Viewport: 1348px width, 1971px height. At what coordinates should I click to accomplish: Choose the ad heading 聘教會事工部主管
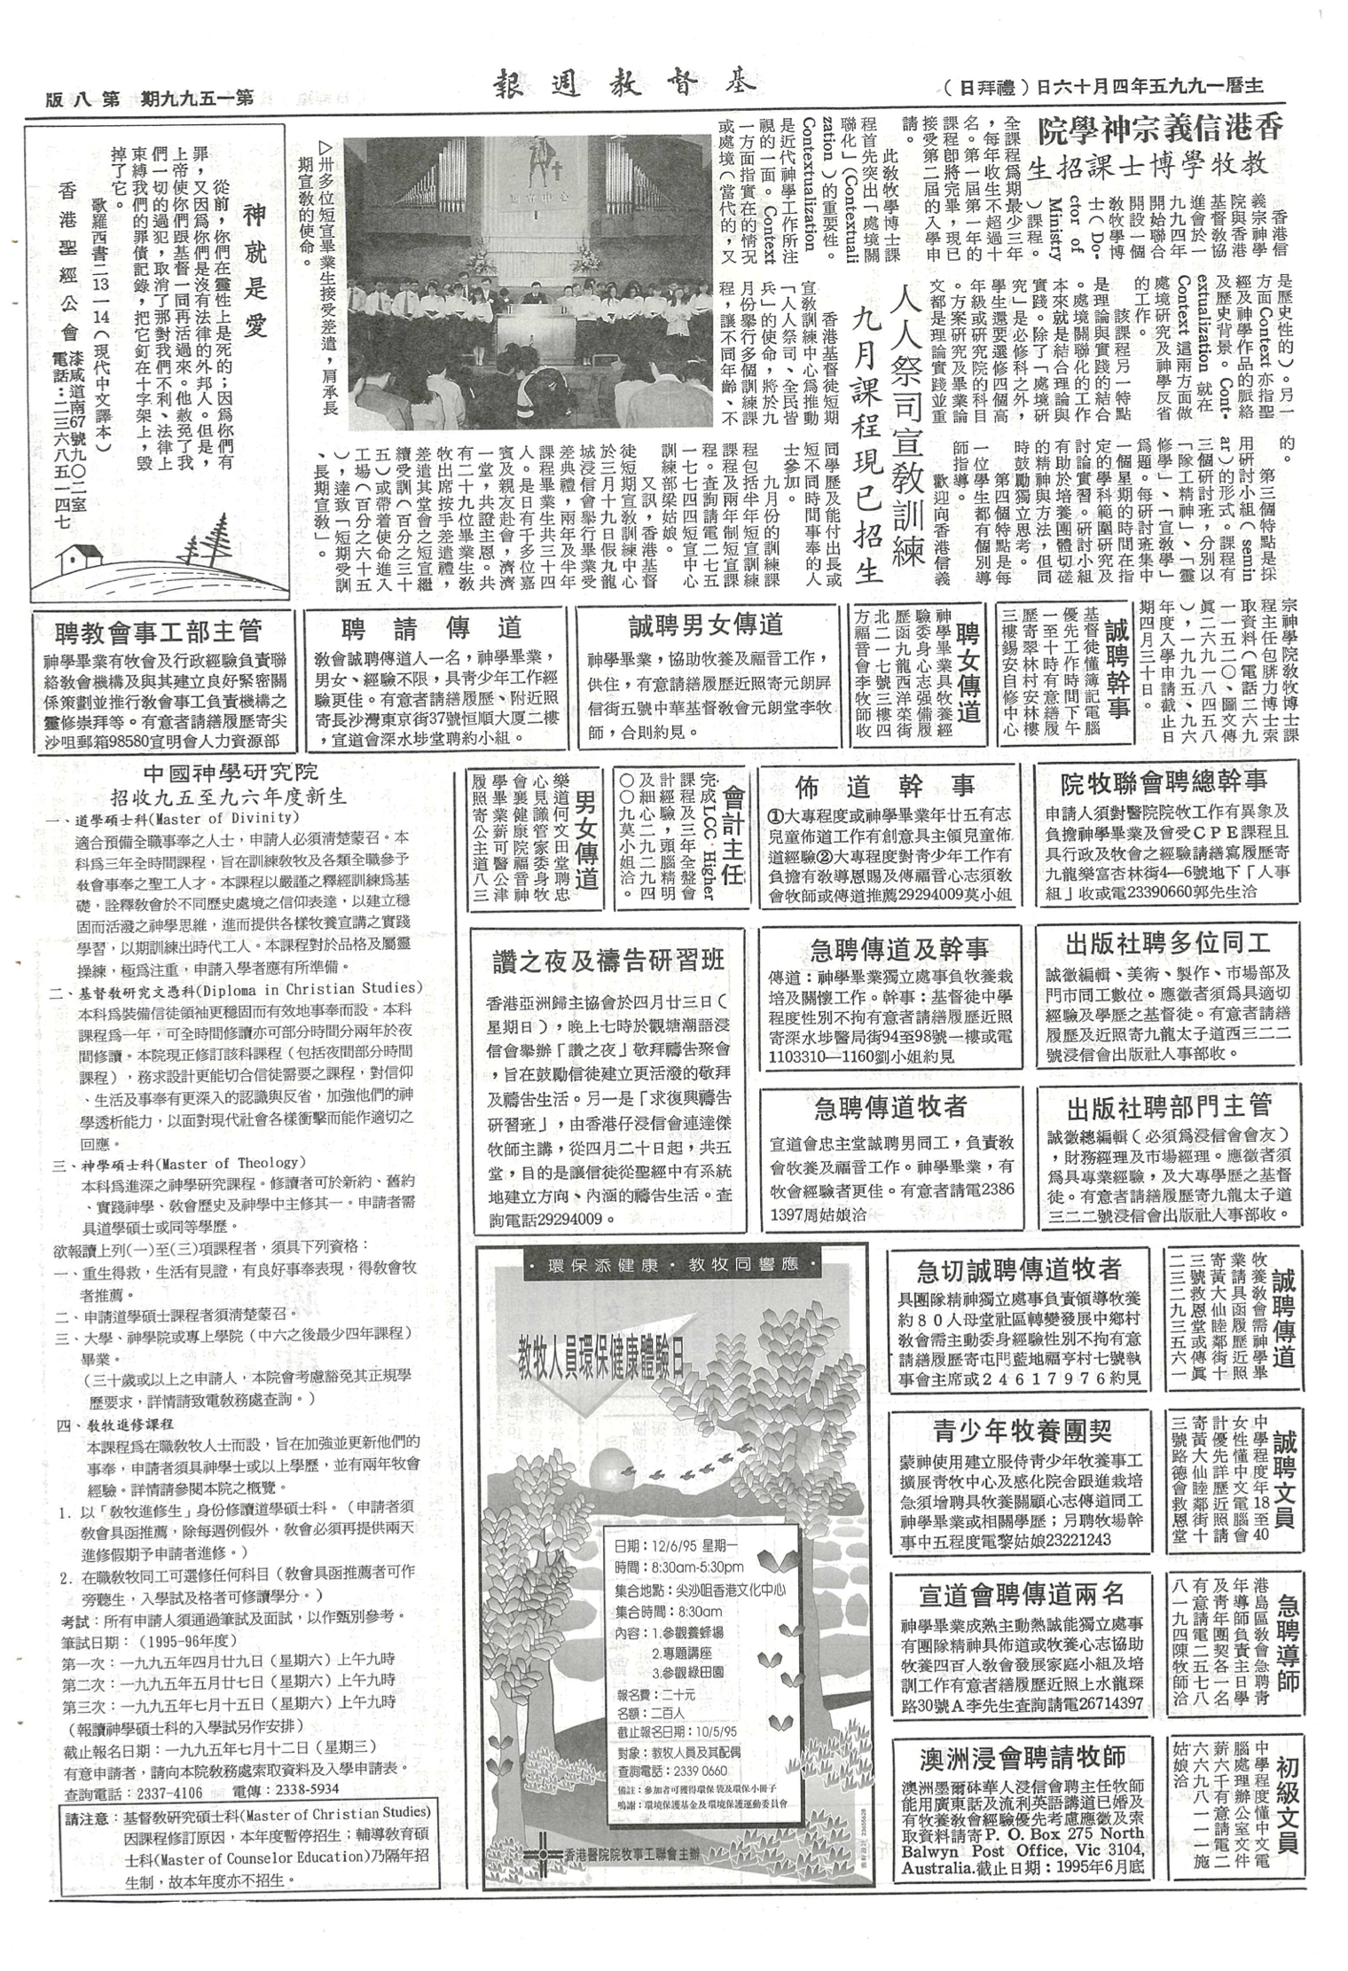[158, 631]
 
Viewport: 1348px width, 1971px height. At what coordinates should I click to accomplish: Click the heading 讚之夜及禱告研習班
[608, 961]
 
